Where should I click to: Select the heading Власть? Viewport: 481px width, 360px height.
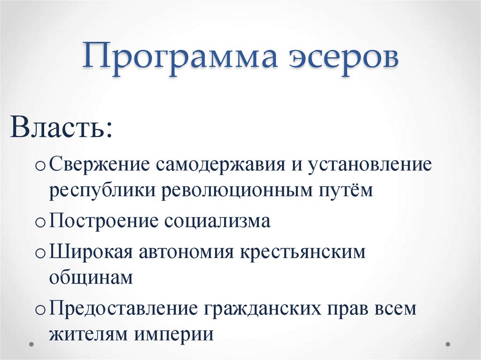pos(61,127)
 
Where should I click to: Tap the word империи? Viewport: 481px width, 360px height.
pos(175,334)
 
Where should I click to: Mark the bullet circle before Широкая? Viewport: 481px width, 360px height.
pos(40,253)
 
